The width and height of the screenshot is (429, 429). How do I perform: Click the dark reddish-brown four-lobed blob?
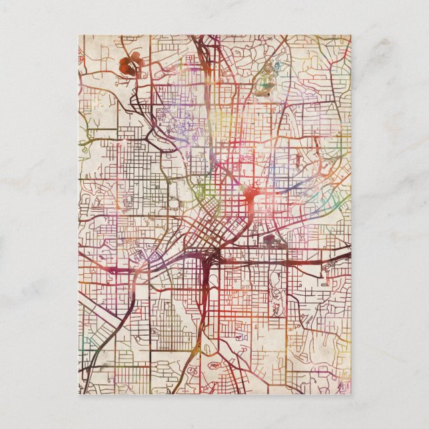click(131, 63)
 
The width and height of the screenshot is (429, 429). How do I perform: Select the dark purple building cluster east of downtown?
click(273, 241)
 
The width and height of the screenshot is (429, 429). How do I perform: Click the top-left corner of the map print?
click(79, 35)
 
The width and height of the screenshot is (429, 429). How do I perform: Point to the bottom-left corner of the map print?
click(79, 394)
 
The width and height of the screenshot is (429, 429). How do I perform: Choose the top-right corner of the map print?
click(350, 35)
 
